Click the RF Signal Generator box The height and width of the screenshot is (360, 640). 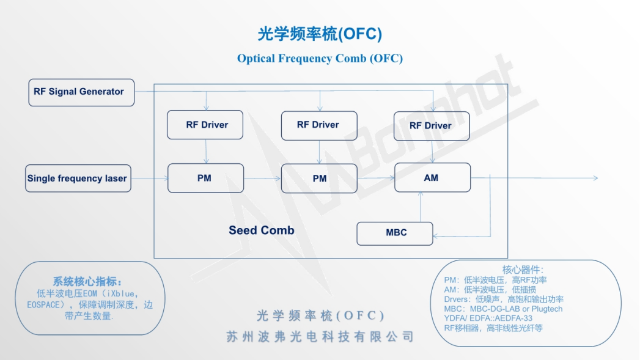click(81, 92)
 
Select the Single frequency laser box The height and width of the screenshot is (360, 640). click(78, 178)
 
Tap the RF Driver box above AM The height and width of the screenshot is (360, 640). click(432, 126)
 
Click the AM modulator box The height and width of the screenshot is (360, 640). click(432, 178)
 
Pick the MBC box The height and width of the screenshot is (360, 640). click(395, 233)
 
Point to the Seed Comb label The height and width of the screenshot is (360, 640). click(262, 230)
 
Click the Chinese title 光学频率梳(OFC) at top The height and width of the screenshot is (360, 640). click(320, 34)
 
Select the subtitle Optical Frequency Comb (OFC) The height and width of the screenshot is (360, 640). click(320, 59)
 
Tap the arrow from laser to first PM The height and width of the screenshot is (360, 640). click(150, 178)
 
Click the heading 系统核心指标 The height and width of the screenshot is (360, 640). click(87, 282)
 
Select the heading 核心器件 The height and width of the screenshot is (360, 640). click(523, 270)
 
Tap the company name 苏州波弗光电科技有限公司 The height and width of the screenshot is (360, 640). click(320, 337)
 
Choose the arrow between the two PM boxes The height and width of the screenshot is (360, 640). click(262, 178)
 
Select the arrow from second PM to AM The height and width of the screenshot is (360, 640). click(376, 178)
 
